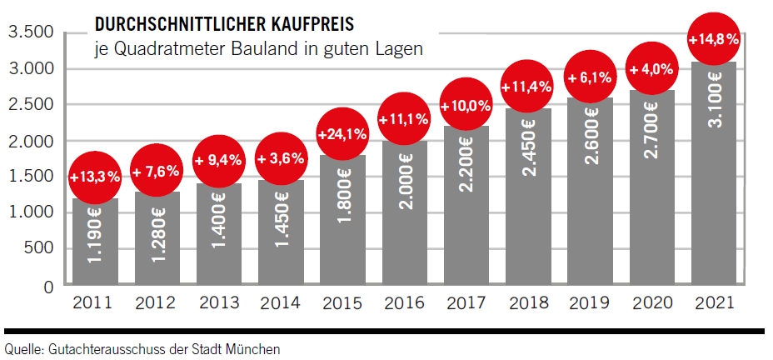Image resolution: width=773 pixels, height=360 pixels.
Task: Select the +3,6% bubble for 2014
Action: [279, 159]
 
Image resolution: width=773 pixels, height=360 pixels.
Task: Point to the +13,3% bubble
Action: [95, 176]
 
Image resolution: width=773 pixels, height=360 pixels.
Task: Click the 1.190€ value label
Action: [95, 245]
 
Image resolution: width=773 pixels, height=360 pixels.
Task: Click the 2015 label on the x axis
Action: [341, 304]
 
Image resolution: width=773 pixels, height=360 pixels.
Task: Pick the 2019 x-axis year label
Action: [590, 304]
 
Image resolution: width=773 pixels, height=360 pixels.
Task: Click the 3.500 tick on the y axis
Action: [30, 32]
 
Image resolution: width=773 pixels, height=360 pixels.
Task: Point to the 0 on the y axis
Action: [47, 286]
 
